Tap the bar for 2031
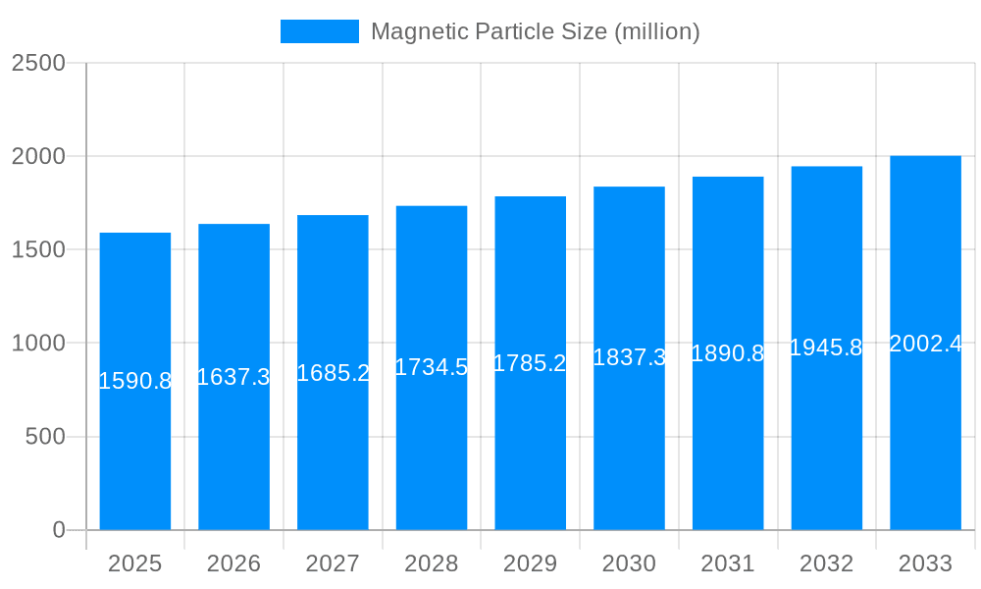(x=728, y=432)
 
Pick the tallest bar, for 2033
(x=925, y=432)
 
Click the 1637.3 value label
(x=233, y=377)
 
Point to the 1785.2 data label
(x=530, y=363)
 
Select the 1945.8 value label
(x=826, y=348)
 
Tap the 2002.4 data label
(x=925, y=344)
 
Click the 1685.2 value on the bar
(x=333, y=373)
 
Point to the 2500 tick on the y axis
(x=38, y=63)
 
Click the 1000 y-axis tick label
(x=38, y=344)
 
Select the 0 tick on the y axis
(x=58, y=530)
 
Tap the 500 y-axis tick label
(x=45, y=437)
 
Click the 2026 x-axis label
(x=233, y=563)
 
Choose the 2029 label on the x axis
(x=530, y=563)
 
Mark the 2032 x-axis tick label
(x=826, y=563)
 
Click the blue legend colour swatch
(x=320, y=31)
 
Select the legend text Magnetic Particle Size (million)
(x=535, y=31)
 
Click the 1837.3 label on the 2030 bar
(x=629, y=357)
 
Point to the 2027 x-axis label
(x=333, y=563)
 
